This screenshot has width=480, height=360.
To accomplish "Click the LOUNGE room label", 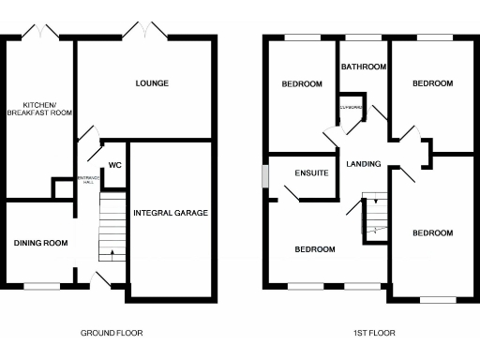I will point(152,83).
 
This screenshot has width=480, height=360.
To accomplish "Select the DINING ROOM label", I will point(40,243).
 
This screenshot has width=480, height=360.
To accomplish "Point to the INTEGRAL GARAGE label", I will point(171,213).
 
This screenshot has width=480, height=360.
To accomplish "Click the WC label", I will point(115,165).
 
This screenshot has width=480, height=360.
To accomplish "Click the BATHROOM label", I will point(364,67).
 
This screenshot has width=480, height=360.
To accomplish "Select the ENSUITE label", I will point(310,173).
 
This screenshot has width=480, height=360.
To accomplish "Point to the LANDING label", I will point(364,164).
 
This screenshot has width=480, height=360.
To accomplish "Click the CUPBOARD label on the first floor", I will point(351,107).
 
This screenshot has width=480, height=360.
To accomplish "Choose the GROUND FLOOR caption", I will point(112,333).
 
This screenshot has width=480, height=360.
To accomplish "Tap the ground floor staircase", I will point(112,225).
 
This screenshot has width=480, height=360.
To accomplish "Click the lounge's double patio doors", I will point(144,34).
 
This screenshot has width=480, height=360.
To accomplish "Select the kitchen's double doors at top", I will point(43,34).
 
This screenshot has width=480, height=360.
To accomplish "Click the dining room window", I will point(41,286).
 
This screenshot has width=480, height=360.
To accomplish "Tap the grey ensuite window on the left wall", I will point(265,175).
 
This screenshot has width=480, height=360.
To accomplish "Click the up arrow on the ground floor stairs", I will point(112,251).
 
